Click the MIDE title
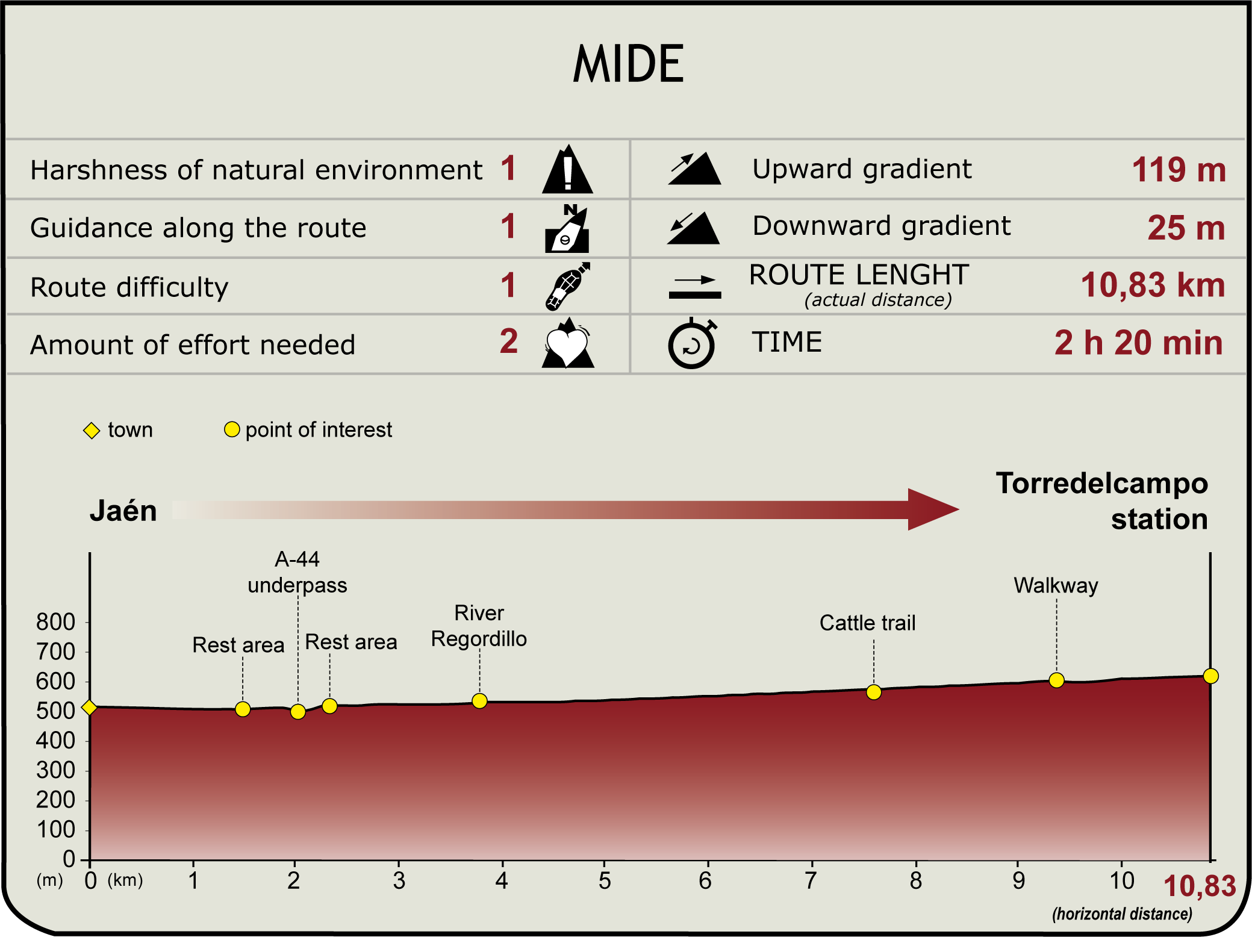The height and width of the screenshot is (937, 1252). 628,64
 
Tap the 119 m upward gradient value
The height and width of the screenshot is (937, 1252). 1179,170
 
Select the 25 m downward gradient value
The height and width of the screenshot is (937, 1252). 1186,228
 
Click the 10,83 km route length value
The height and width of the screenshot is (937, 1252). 1153,285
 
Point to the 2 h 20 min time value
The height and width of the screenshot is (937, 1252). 1138,343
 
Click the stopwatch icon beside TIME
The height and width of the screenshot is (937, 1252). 692,344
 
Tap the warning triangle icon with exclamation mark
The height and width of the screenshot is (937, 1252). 567,170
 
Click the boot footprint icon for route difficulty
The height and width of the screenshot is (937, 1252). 567,287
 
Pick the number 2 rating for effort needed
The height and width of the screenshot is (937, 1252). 509,341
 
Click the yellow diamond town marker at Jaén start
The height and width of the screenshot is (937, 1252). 89,707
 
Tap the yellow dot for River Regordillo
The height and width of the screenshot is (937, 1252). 479,701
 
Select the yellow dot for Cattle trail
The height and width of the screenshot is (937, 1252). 874,693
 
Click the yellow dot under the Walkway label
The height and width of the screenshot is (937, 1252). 1056,680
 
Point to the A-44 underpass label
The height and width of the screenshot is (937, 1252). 297,572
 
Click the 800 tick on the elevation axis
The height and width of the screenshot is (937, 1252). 56,622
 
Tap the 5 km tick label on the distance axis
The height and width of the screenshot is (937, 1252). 605,880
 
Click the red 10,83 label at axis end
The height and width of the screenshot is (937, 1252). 1199,886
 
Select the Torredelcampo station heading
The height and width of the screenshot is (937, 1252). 1101,501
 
